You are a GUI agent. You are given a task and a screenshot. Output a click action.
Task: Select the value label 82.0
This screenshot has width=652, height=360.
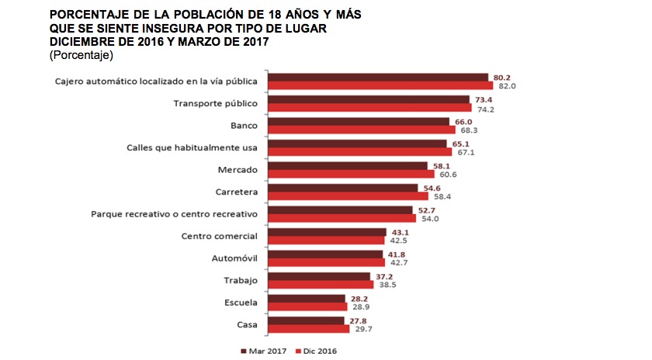click(x=507, y=85)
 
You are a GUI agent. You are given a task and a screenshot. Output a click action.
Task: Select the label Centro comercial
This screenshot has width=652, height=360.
click(x=220, y=236)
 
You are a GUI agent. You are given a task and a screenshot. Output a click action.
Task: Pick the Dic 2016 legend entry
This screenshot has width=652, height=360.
click(x=317, y=351)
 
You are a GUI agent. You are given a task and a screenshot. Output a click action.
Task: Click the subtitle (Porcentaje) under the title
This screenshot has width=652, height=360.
click(x=81, y=56)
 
